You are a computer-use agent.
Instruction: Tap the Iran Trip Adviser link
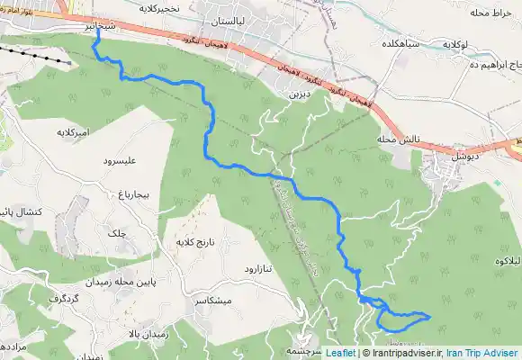point(484,354)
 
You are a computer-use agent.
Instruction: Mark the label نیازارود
point(264,268)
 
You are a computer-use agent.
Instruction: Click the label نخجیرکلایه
point(163,8)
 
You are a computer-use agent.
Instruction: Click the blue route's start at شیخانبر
point(95,38)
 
